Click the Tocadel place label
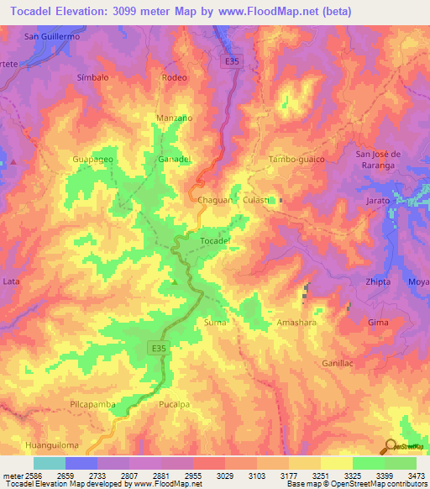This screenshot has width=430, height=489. point(216,241)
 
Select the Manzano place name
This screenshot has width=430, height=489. point(175,118)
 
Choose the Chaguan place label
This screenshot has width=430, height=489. point(214,201)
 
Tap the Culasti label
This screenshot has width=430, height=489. point(256,201)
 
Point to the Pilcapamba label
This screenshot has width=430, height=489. point(92,404)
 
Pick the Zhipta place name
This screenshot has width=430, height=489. point(378,282)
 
